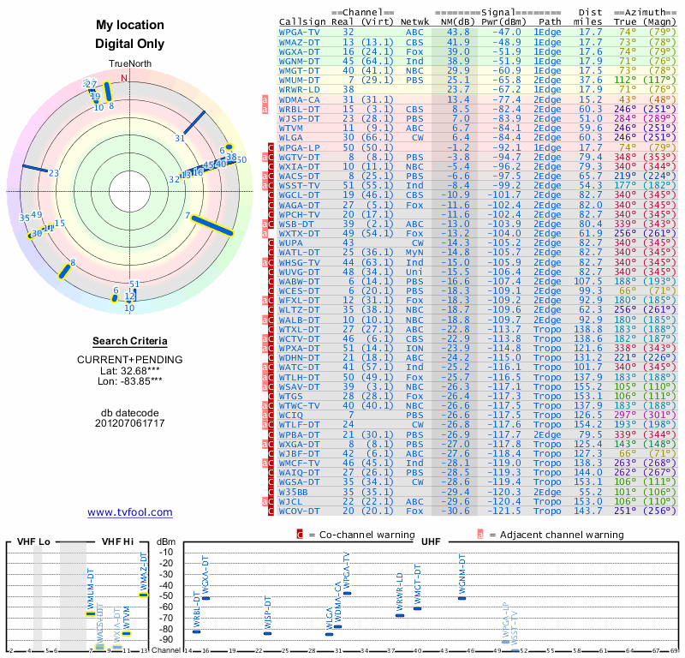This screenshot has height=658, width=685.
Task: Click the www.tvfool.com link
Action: click(129, 512)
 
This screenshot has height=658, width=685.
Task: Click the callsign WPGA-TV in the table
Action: click(300, 32)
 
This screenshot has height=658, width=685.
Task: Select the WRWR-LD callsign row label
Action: click(300, 88)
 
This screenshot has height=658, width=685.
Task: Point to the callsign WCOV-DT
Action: click(300, 511)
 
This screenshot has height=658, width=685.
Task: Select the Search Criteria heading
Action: click(129, 341)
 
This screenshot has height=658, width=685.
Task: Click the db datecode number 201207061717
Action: click(129, 423)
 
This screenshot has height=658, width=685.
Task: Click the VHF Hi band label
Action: click(117, 541)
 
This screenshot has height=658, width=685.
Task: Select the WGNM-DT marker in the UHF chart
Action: click(462, 597)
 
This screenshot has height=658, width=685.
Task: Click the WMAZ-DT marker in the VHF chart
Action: click(144, 594)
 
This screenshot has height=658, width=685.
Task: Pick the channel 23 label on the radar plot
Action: click(54, 173)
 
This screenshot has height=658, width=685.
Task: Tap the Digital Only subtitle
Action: click(129, 44)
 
